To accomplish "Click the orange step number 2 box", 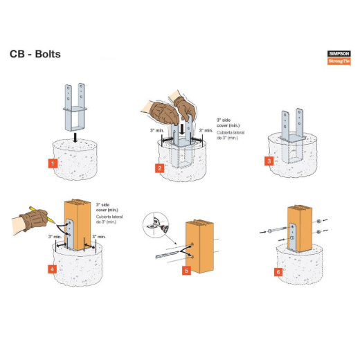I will coord(160,168).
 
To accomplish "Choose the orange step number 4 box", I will coord(52,268).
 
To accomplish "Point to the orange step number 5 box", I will coord(186,270).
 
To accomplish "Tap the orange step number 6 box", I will coord(278,271).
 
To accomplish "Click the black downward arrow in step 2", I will coord(181,129).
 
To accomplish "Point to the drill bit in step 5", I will coord(169,254).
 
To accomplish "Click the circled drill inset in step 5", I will coord(155,223).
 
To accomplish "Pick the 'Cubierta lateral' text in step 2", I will coord(229,136).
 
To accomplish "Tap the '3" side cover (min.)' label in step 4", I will coord(107,207).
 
